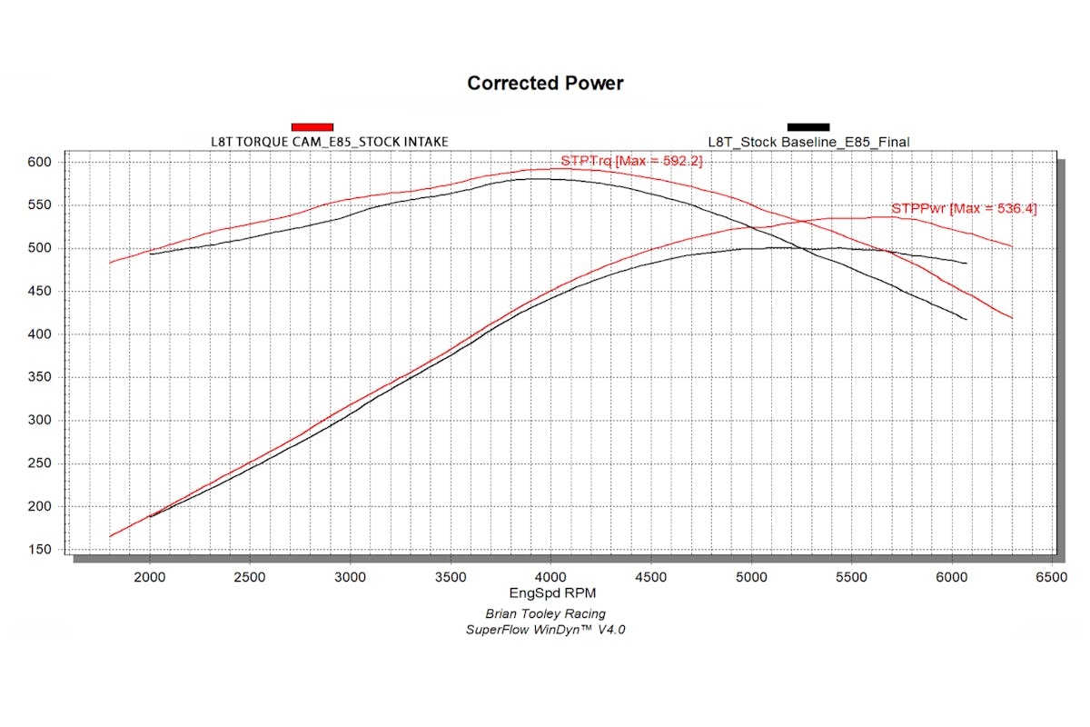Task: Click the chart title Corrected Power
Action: (545, 84)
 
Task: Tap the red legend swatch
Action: (312, 126)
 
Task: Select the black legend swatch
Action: (808, 126)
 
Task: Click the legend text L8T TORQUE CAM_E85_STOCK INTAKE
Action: (329, 141)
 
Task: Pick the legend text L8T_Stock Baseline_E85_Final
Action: (808, 141)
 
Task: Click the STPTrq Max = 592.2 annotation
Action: (631, 161)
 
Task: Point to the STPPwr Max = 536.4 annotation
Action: (964, 208)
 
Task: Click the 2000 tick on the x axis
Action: (149, 576)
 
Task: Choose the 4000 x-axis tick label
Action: (550, 576)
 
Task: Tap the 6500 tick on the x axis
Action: (1051, 576)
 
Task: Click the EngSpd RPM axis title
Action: (545, 594)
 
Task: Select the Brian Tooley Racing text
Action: (545, 613)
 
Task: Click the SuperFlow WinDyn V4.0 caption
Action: (545, 629)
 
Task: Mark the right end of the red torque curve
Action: (1011, 317)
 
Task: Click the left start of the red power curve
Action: (111, 536)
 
